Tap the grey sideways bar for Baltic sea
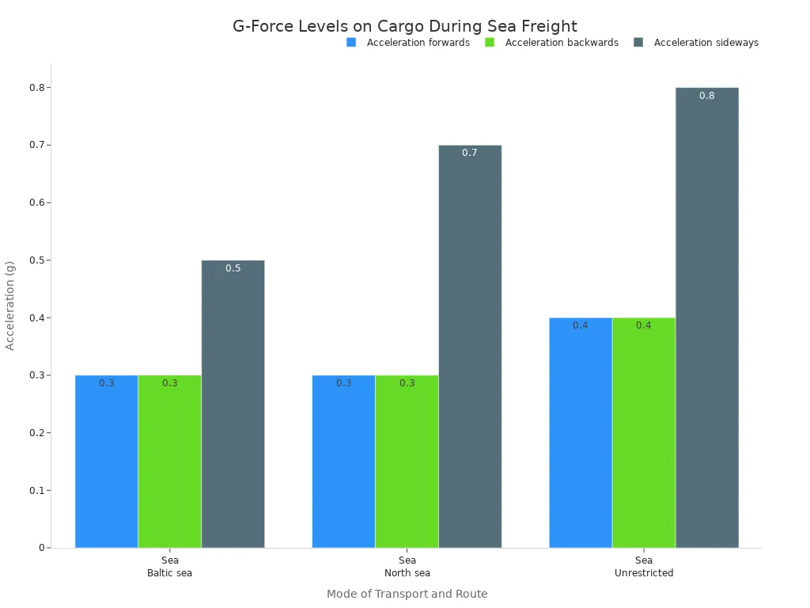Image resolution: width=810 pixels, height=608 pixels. pyautogui.click(x=233, y=404)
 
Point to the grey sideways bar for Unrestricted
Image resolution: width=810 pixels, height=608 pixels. pyautogui.click(x=707, y=317)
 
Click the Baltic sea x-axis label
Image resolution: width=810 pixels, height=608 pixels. pyautogui.click(x=170, y=573)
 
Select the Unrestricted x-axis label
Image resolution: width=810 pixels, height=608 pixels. pyautogui.click(x=644, y=573)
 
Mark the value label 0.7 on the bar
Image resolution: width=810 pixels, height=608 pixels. pyautogui.click(x=470, y=153)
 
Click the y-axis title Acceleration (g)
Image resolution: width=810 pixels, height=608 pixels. pyautogui.click(x=10, y=305)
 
